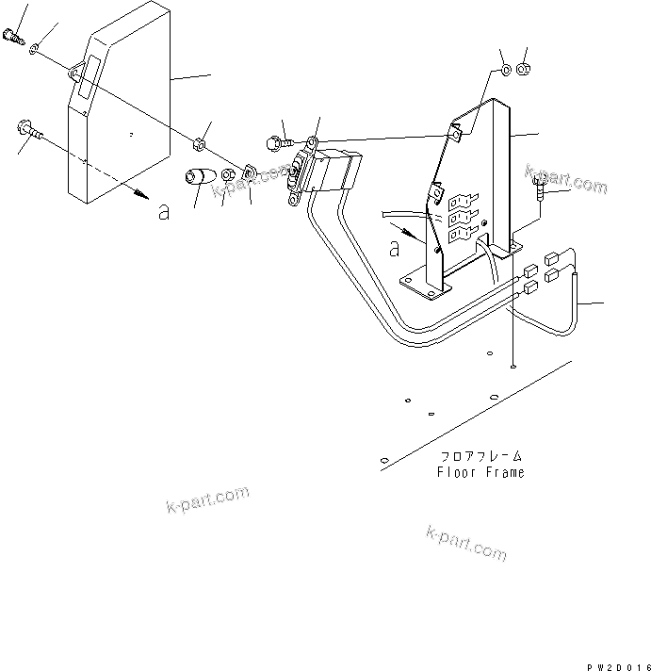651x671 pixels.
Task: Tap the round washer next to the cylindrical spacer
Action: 228,176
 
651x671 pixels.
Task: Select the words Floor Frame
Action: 480,472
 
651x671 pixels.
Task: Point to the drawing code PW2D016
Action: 618,665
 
